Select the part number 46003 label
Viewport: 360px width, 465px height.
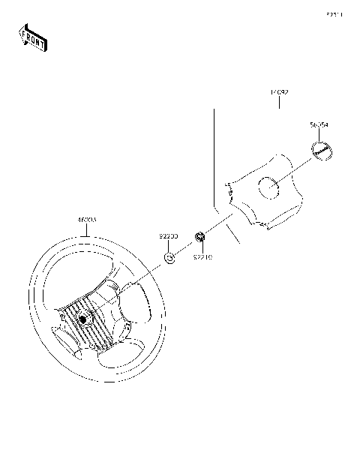[87, 220]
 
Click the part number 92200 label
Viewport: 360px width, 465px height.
[168, 235]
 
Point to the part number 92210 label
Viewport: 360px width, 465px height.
[202, 256]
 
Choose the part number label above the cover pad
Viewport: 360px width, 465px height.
[279, 92]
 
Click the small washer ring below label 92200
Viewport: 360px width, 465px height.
[169, 259]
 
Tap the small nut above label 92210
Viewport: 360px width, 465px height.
[200, 238]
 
